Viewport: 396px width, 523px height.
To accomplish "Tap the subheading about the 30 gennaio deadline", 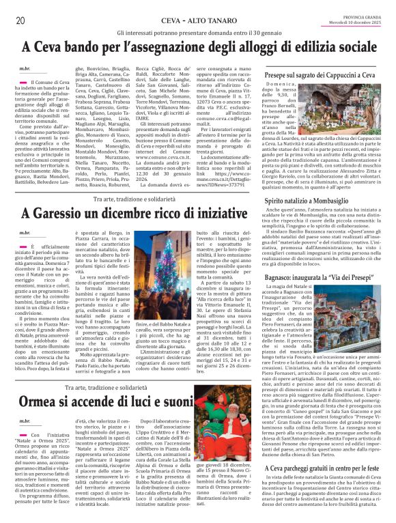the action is click(198, 32).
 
